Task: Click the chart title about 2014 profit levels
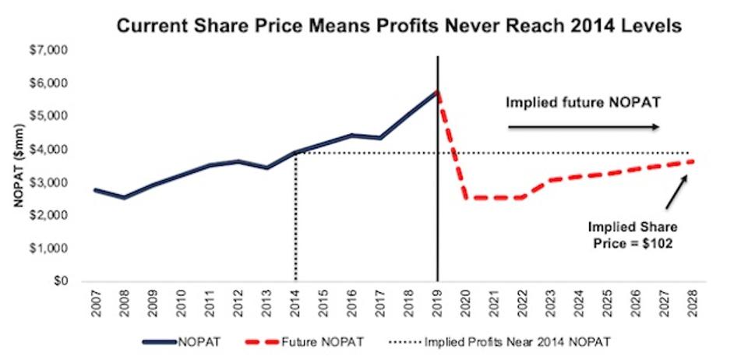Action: click(400, 26)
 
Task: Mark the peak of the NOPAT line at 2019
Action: click(437, 90)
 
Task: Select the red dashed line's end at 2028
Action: click(693, 161)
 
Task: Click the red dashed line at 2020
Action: click(466, 197)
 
